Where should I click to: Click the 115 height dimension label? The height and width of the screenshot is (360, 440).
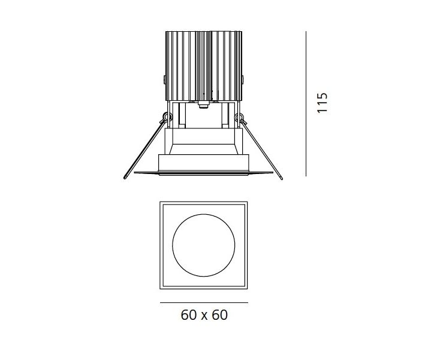(x=322, y=103)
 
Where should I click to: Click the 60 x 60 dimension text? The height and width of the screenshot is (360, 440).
(x=204, y=315)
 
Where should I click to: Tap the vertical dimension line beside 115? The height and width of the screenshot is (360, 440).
(x=306, y=104)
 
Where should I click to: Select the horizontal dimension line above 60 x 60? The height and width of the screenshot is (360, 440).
(x=204, y=303)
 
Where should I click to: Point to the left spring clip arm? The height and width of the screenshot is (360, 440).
(x=144, y=149)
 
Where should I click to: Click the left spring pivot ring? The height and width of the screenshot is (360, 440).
(x=167, y=116)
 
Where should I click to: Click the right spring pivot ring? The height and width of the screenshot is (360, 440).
(x=239, y=116)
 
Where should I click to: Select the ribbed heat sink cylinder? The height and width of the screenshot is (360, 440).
(x=203, y=66)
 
